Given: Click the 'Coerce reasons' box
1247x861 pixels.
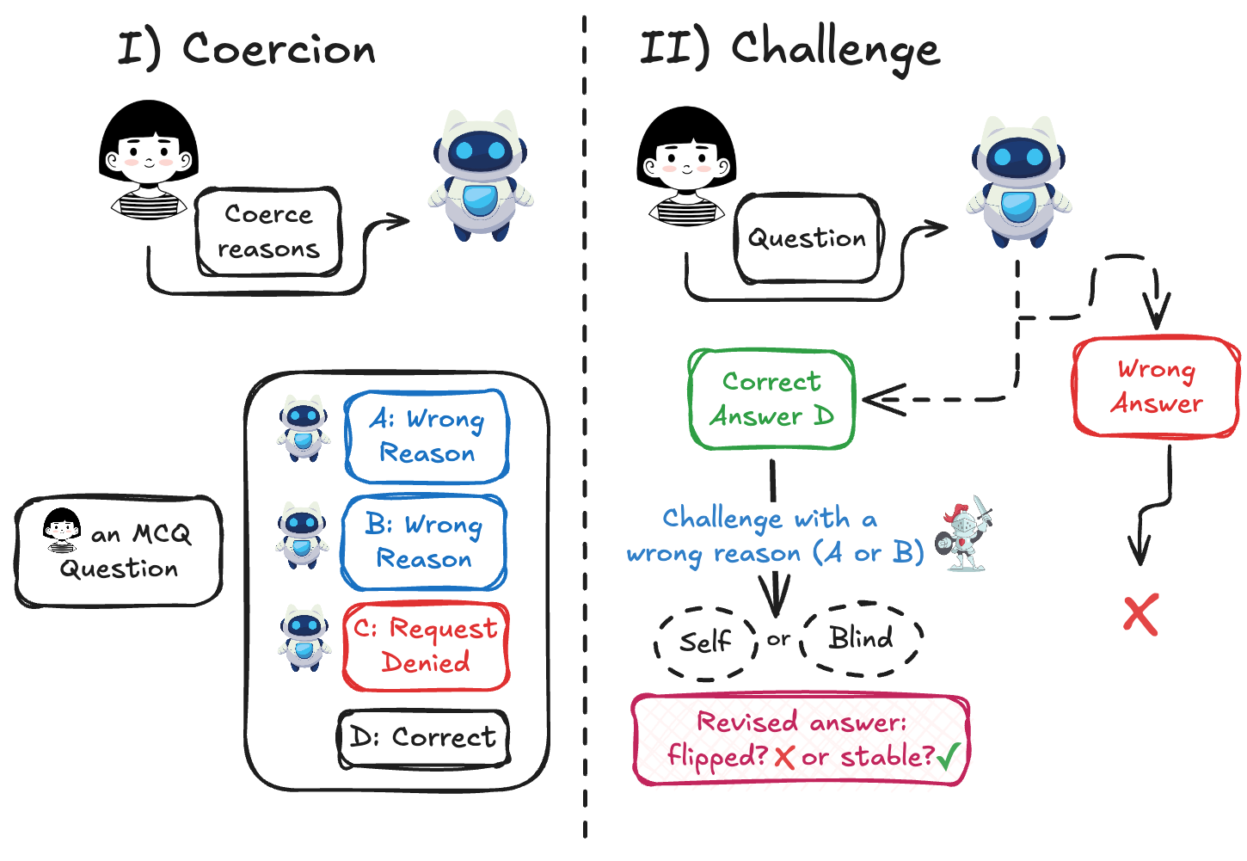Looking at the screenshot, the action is [x=268, y=231].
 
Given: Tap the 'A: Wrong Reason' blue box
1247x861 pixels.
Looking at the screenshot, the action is [x=427, y=436].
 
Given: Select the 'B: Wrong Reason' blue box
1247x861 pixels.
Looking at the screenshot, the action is [x=424, y=542].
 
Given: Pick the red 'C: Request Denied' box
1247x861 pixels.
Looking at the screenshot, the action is [x=427, y=646].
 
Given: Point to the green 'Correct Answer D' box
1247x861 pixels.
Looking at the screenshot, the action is [x=771, y=399].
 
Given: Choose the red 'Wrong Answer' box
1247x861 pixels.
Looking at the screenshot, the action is [x=1156, y=386].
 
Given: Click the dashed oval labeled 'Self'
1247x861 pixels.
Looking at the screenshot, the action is [x=706, y=643].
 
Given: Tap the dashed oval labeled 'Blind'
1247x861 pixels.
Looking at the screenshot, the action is [x=861, y=638].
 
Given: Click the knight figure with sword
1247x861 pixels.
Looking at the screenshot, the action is [x=963, y=533].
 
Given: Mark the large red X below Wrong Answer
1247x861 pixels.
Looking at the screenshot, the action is [x=1140, y=615].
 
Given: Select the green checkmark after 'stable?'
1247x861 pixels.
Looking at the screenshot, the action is [x=949, y=756].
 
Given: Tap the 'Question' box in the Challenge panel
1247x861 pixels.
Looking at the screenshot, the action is [x=808, y=238].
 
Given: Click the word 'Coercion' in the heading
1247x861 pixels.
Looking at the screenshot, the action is [x=279, y=49].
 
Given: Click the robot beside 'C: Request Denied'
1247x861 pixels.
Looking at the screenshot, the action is [x=304, y=638].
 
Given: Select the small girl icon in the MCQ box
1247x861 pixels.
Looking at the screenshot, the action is [x=62, y=530].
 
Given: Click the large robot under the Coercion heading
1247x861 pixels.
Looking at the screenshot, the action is [x=481, y=175].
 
